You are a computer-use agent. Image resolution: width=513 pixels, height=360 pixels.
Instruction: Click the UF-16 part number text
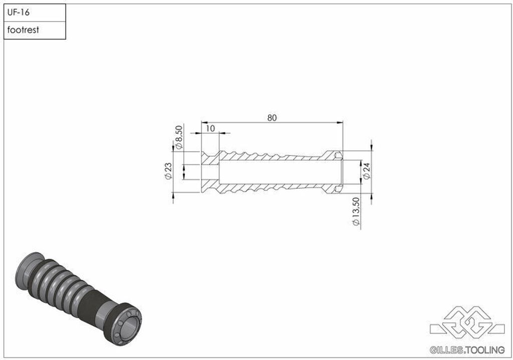tap(19, 13)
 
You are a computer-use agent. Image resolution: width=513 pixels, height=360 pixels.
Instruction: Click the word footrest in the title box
tap(23, 30)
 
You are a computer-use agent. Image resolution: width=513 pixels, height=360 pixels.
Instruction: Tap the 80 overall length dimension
tap(272, 118)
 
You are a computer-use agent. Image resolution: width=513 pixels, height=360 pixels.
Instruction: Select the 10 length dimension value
tap(211, 129)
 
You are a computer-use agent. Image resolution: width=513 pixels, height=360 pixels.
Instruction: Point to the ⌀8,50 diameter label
tap(179, 137)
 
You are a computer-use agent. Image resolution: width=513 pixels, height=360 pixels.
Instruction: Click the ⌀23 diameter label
tap(168, 171)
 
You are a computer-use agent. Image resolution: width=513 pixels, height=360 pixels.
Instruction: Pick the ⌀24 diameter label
tap(366, 171)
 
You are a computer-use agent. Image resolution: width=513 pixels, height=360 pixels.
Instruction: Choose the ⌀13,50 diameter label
tap(356, 211)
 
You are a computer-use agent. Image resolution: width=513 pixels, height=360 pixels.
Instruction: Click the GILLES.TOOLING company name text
tap(467, 350)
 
